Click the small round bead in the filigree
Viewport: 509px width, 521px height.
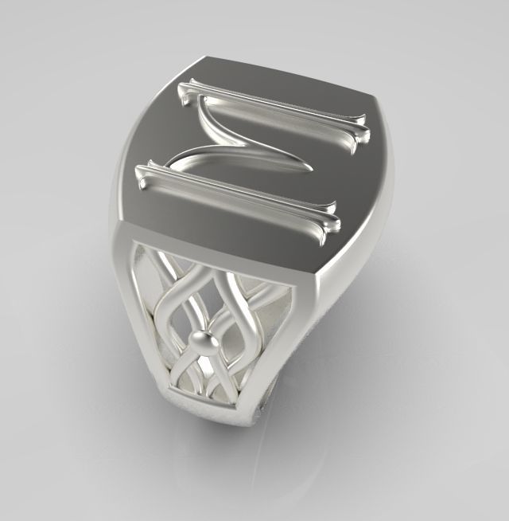coord(206,341)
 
